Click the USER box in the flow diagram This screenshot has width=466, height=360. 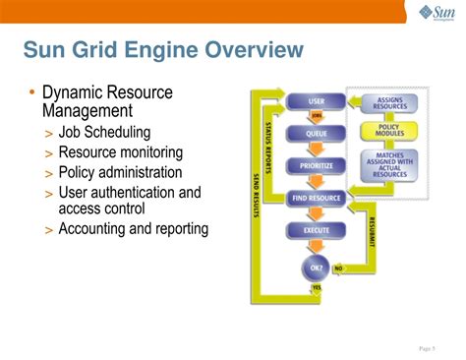(316, 101)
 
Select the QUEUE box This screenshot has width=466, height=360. (316, 132)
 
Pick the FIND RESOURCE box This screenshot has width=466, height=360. (316, 198)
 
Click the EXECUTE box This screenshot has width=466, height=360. (316, 231)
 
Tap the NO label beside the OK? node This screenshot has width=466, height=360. (339, 267)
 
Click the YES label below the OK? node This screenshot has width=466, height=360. (317, 287)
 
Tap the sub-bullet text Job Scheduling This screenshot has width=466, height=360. (104, 133)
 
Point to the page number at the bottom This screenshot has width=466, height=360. (426, 348)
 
